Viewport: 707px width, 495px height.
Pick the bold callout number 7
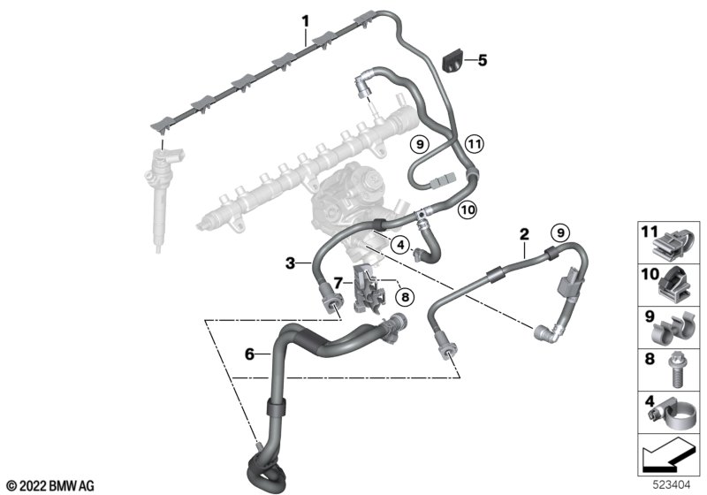(338, 283)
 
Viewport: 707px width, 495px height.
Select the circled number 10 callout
(467, 209)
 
